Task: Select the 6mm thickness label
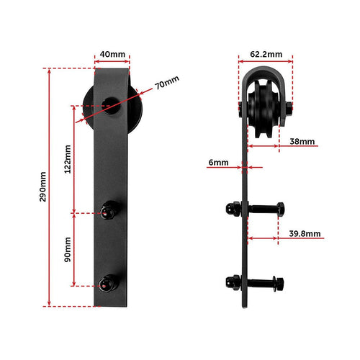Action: [x=217, y=163]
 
